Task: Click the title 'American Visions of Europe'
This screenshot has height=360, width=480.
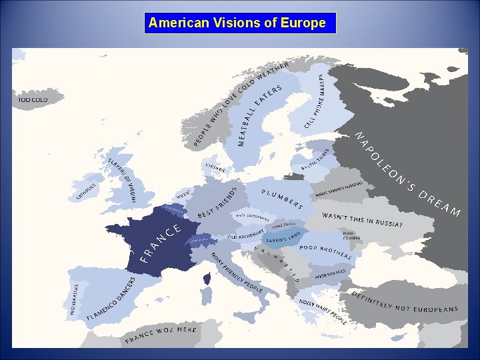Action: [237, 23]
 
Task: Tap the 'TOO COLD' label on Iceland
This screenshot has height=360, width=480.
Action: [33, 100]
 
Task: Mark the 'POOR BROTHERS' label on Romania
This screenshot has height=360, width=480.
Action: [325, 251]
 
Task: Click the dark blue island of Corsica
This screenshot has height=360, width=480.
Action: [207, 276]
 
